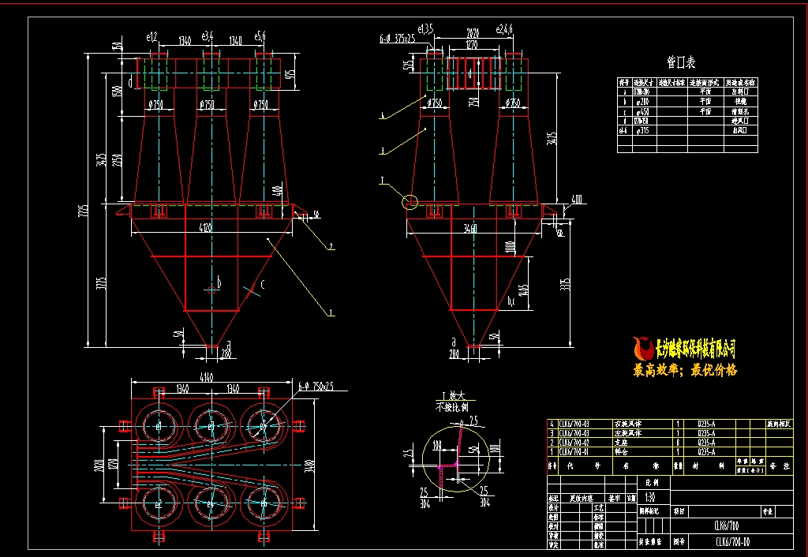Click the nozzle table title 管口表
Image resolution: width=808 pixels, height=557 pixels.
click(x=681, y=62)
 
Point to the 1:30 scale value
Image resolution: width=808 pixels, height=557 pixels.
click(x=649, y=498)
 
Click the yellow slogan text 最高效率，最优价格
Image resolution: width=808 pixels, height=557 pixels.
click(x=685, y=370)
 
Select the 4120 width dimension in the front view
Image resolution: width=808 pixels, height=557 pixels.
click(x=207, y=229)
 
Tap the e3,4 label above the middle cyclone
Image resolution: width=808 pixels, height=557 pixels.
click(x=208, y=36)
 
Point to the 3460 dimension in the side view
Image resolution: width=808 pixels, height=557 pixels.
click(x=471, y=229)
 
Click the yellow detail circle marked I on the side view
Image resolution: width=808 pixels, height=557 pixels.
click(x=410, y=201)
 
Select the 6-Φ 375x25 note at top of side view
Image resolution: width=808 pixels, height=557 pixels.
click(x=396, y=36)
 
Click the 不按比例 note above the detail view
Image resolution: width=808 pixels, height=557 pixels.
click(x=452, y=408)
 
